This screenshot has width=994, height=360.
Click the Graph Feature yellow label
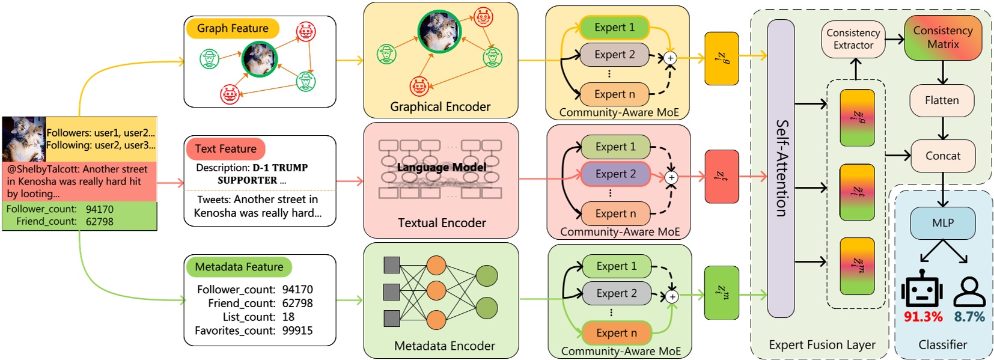(233, 28)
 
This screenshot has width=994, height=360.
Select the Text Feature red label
(225, 148)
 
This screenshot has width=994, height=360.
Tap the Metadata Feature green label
(239, 267)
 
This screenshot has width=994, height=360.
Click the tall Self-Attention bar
(781, 168)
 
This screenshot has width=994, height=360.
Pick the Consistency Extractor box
(853, 39)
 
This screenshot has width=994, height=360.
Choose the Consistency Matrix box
(942, 37)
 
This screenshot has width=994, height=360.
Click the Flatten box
(942, 100)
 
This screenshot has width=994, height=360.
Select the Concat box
(942, 156)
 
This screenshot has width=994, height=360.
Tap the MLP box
(942, 223)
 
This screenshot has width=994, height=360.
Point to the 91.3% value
(923, 317)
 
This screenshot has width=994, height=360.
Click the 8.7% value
(969, 317)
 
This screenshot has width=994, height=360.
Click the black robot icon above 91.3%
(921, 290)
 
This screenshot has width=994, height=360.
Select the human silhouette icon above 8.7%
(969, 291)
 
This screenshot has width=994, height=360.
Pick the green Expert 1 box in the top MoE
(614, 28)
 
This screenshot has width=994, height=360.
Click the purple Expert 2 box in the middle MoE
(615, 174)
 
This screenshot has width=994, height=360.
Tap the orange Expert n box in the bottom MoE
(616, 333)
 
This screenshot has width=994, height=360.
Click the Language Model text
(441, 167)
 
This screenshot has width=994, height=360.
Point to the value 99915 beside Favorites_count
(297, 331)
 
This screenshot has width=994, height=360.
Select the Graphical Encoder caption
(440, 107)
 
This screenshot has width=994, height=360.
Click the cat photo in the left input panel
(23, 139)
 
